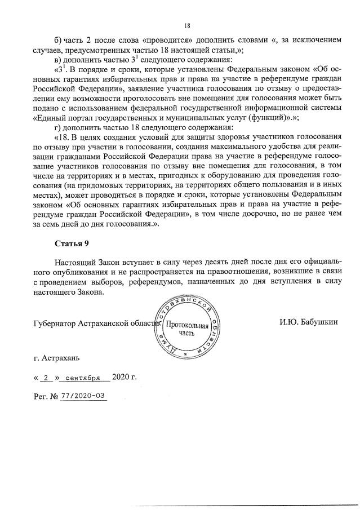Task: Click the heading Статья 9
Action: pos(72,243)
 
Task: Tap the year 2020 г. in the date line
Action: pos(125,377)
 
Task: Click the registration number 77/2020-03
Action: pos(85,396)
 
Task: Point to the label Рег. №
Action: pos(47,396)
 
